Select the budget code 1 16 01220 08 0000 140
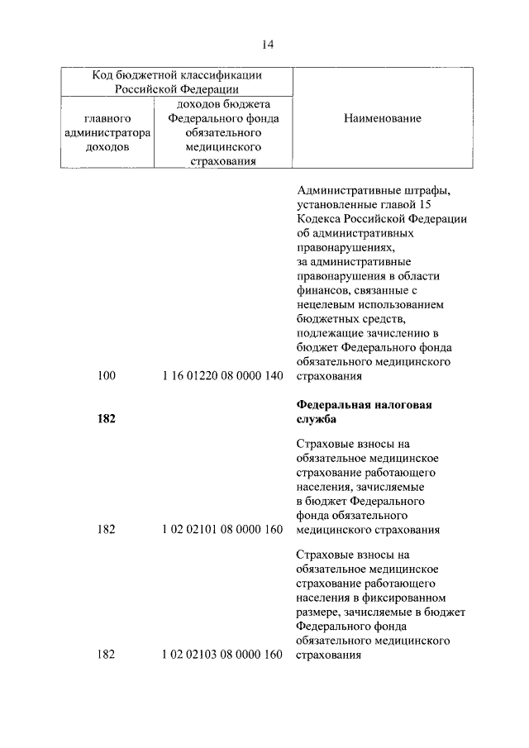[223, 376]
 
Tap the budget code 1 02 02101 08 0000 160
[223, 529]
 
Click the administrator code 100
[107, 376]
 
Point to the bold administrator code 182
[107, 419]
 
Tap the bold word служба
[316, 419]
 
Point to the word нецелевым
[322, 304]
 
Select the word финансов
[319, 290]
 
